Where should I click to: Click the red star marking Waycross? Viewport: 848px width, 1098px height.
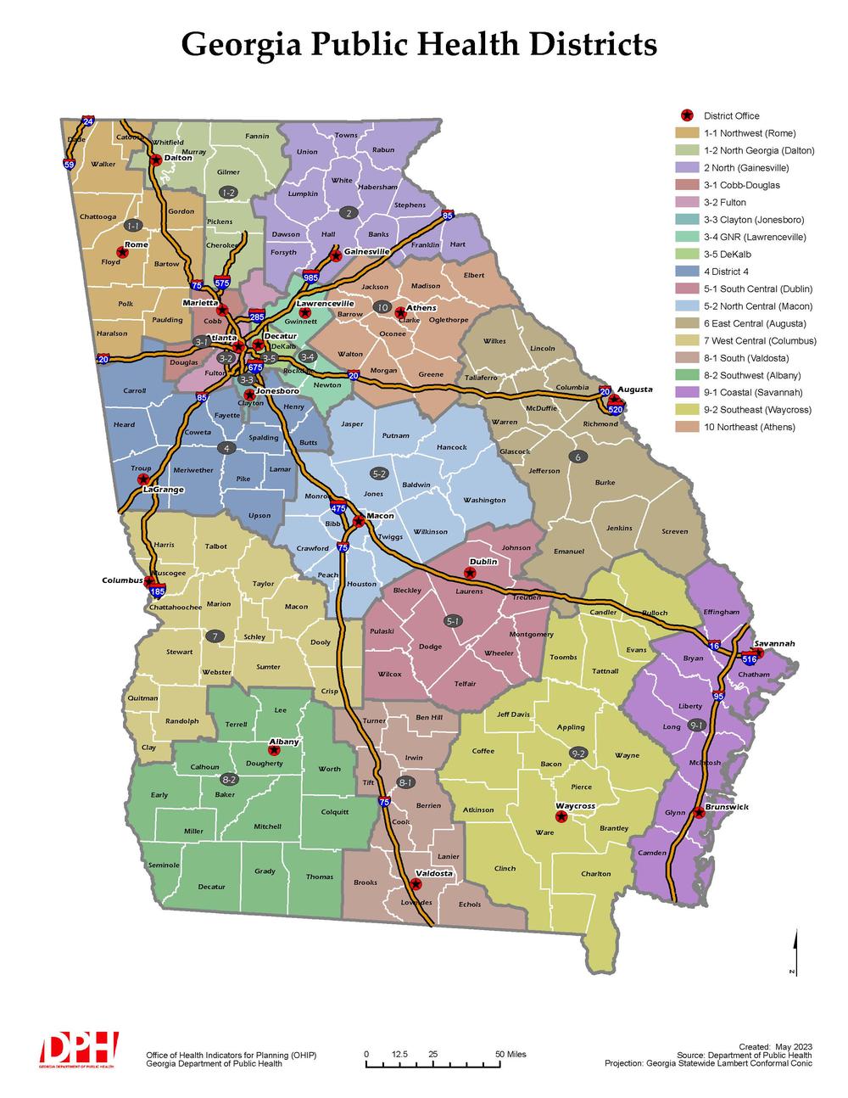[x=561, y=816]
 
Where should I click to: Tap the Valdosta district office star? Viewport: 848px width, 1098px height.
[x=416, y=883]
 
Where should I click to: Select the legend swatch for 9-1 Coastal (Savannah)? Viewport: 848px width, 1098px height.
[x=686, y=393]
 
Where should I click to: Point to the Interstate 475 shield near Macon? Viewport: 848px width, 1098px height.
[x=338, y=508]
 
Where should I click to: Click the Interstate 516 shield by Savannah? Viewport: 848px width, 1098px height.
[x=749, y=658]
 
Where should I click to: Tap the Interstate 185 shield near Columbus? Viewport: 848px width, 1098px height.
[x=157, y=591]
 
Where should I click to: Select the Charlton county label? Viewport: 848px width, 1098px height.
[x=596, y=873]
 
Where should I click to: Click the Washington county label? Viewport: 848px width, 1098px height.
[x=484, y=500]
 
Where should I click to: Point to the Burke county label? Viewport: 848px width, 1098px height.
[x=605, y=482]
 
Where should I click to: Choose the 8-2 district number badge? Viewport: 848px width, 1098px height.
[x=228, y=779]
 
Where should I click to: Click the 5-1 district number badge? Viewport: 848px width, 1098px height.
[x=454, y=621]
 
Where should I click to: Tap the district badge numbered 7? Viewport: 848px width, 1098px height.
[x=216, y=636]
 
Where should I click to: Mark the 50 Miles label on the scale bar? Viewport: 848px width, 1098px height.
[x=510, y=1054]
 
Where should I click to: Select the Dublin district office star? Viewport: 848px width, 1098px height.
[x=471, y=574]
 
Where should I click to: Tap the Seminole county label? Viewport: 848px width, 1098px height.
[x=164, y=865]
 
